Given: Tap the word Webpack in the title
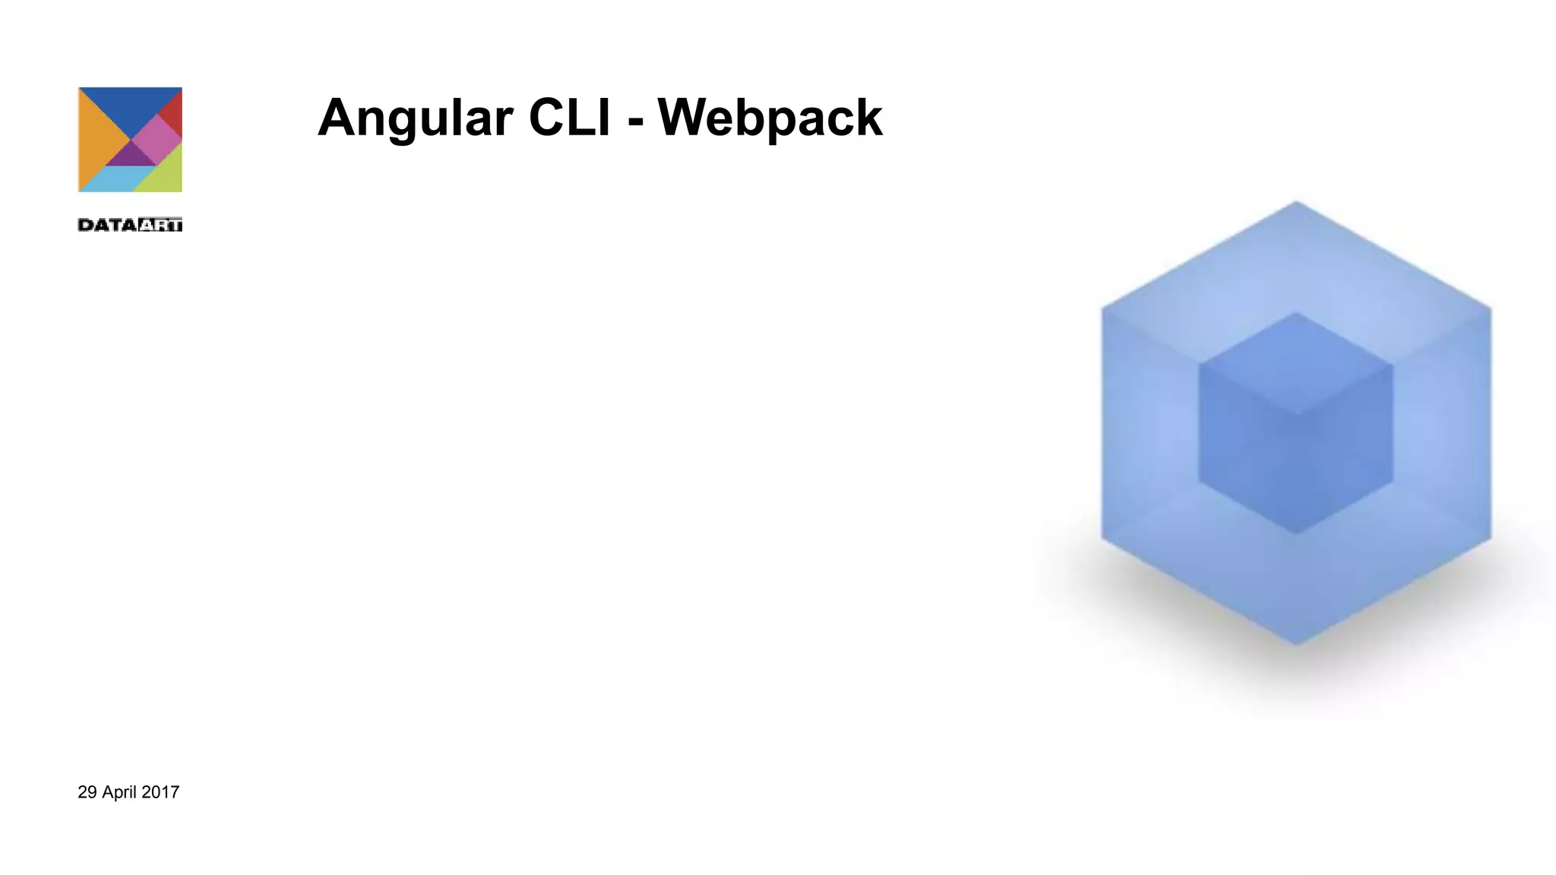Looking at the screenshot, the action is pyautogui.click(x=770, y=118).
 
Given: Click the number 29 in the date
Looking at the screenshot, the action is pyautogui.click(x=87, y=792).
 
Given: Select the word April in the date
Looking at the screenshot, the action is pyautogui.click(x=119, y=792).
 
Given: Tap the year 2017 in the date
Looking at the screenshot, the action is pyautogui.click(x=160, y=792).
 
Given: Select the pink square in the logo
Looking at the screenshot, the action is pyautogui.click(x=157, y=139).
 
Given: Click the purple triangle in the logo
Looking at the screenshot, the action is pyautogui.click(x=130, y=156).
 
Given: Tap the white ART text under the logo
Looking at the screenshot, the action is pyautogui.click(x=161, y=225).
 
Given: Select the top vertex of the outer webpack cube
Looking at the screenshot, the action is pyautogui.click(x=1296, y=202).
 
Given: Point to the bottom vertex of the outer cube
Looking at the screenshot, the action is pyautogui.click(x=1296, y=644).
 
